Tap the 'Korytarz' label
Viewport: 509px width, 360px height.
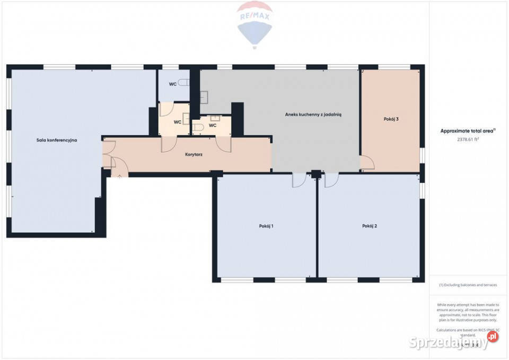click(194, 154)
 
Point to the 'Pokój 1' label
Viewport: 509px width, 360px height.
click(266, 226)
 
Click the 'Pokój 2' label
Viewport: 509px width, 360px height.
click(370, 226)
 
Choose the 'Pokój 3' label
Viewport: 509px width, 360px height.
click(391, 119)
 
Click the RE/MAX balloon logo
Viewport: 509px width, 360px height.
click(254, 24)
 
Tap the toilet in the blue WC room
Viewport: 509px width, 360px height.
click(183, 83)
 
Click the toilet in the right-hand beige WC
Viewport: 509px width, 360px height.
click(203, 127)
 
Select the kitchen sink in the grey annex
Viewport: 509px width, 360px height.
click(205, 97)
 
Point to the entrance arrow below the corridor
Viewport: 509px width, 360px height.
click(120, 176)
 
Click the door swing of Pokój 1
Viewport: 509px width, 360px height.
click(299, 181)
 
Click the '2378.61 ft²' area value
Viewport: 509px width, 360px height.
click(468, 139)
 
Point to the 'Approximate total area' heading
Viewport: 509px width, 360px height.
click(468, 130)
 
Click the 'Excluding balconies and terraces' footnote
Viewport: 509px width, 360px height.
click(468, 285)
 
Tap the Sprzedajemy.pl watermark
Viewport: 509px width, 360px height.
click(453, 342)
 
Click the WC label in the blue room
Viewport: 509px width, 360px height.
click(172, 84)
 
